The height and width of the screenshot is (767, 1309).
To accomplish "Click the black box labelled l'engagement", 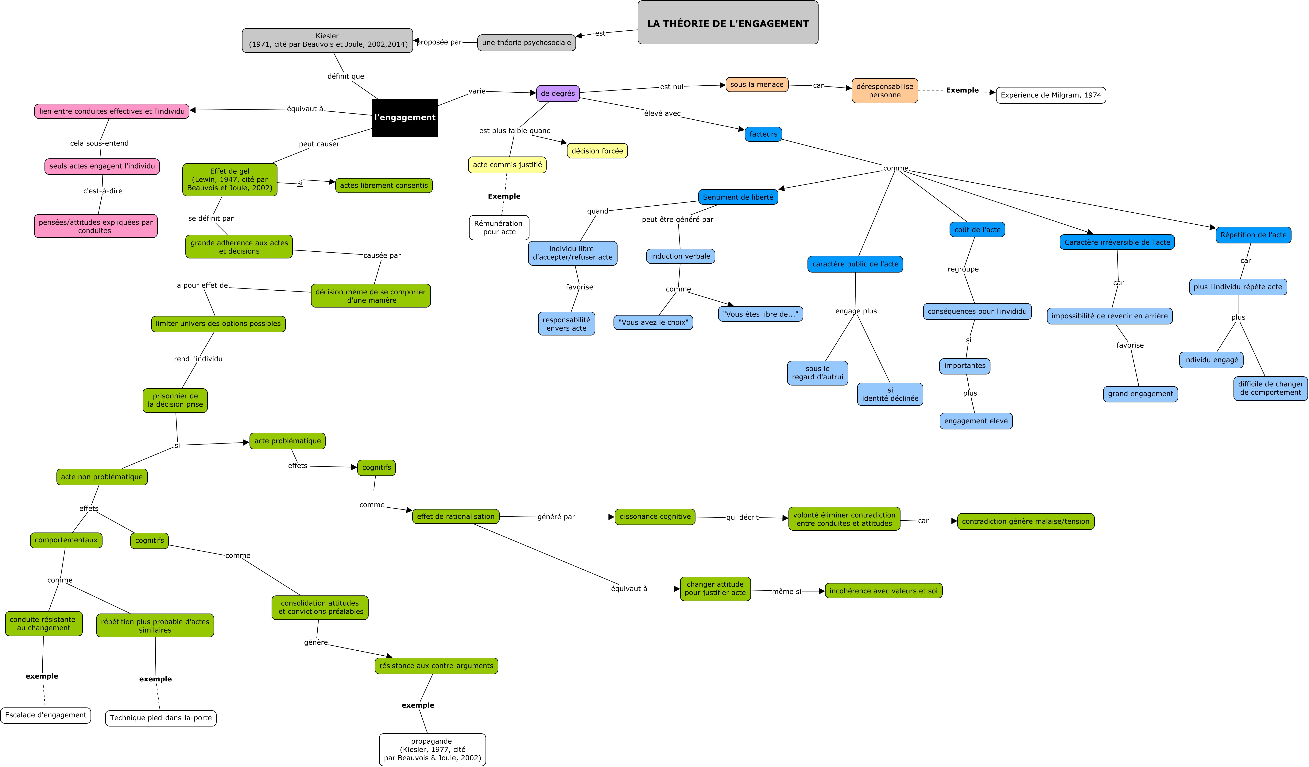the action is [405, 118].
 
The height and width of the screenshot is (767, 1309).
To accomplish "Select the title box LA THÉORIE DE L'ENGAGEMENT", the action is [728, 23].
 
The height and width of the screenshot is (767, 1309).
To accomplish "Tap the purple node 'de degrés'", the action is [558, 93].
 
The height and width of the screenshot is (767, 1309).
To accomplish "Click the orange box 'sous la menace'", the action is [757, 85].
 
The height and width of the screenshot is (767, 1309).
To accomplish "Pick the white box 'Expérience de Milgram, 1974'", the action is [1051, 95].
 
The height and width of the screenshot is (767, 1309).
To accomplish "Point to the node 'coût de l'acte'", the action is [977, 230].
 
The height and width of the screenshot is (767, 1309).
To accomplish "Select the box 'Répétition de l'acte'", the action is [1253, 235].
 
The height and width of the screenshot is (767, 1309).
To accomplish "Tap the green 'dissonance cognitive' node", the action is [655, 517].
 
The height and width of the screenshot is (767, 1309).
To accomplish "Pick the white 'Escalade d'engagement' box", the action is [46, 715].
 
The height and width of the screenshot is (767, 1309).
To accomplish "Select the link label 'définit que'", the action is [345, 76].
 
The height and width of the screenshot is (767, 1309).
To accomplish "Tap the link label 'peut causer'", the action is [319, 144].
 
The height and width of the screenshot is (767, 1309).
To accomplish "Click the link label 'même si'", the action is [786, 591].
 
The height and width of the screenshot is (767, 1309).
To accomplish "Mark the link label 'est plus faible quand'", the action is [515, 131].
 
